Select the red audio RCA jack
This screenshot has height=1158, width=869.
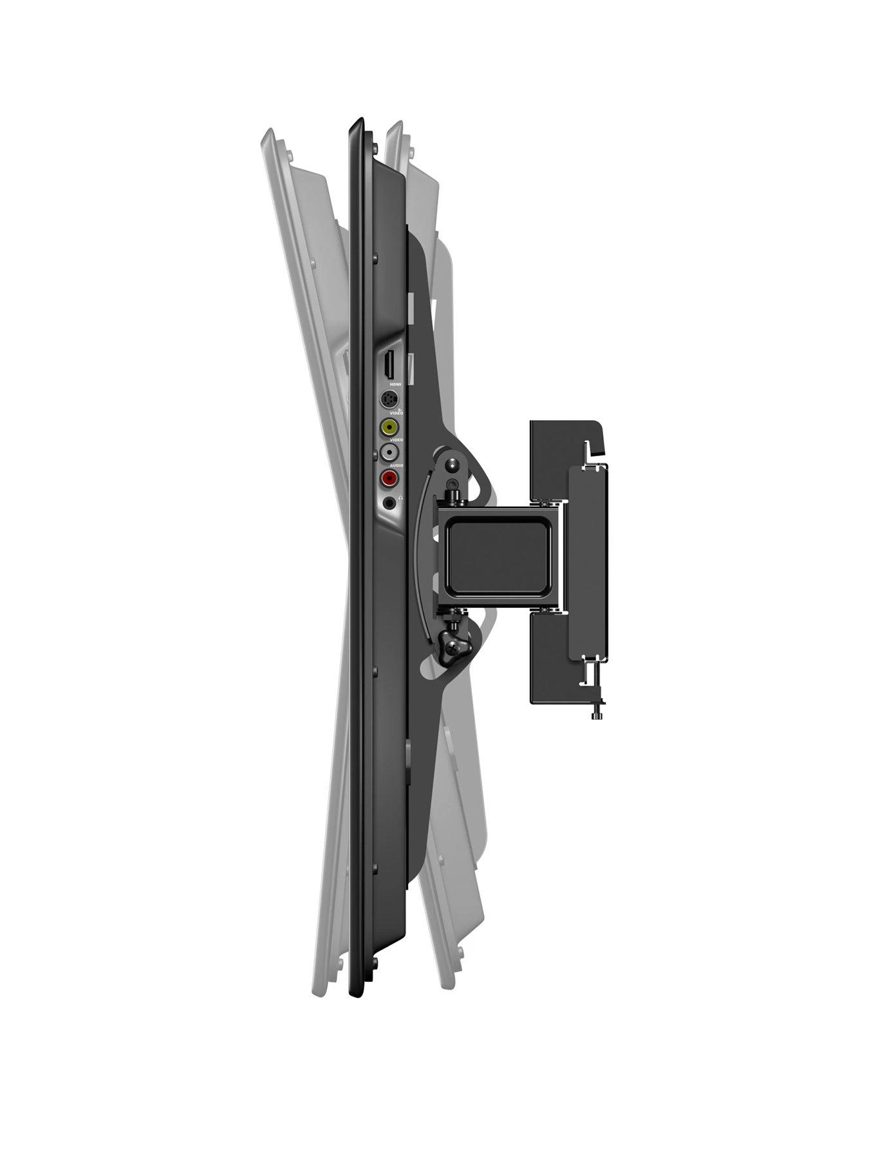point(389,478)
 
